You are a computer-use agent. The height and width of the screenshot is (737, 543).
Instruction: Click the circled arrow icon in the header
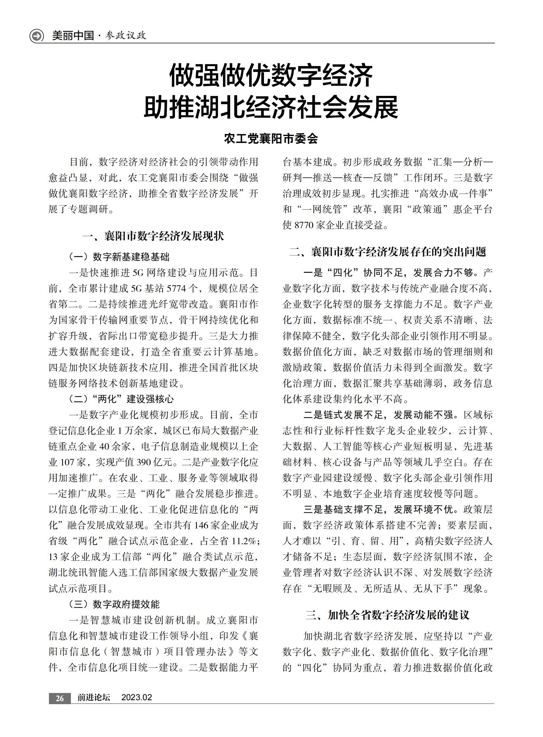36,35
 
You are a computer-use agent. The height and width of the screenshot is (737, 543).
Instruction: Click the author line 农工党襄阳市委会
271,139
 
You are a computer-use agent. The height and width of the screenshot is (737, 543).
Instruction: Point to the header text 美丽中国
73,35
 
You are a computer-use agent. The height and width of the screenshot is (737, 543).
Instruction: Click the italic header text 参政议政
126,35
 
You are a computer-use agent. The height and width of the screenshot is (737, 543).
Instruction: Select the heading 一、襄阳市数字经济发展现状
153,236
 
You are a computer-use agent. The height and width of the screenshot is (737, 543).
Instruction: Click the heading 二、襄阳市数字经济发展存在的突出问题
387,252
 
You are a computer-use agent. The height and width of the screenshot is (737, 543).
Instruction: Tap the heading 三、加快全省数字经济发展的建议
387,615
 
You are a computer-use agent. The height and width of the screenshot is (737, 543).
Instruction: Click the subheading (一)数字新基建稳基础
119,257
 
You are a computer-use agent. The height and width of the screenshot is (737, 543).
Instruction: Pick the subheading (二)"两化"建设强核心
121,399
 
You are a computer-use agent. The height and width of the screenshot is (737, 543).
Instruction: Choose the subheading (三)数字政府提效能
114,604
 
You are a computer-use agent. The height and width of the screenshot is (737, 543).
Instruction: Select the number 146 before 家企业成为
201,525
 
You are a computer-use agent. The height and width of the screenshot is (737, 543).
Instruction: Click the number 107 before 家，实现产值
67,462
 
